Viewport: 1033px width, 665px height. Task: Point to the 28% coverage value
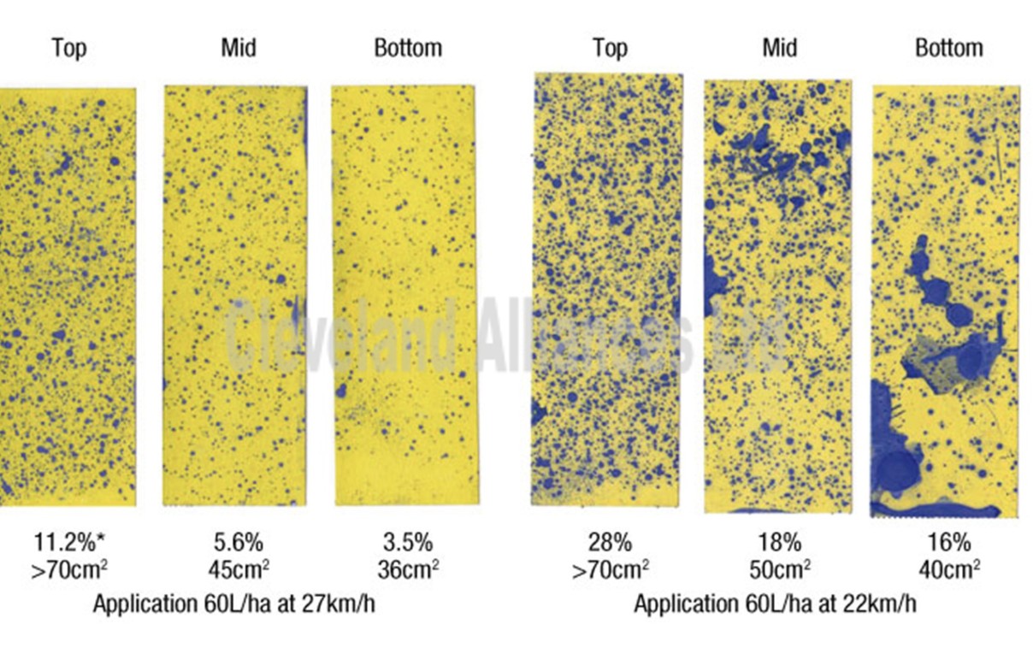[609, 542]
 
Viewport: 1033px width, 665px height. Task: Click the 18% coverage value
[778, 542]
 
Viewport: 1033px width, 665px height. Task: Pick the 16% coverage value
[948, 542]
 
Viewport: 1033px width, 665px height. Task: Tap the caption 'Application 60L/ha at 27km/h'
[234, 603]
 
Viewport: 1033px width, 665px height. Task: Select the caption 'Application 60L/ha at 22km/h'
[775, 603]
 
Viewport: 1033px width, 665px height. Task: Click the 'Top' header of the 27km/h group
[68, 48]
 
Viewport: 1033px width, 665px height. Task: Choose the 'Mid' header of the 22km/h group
[778, 48]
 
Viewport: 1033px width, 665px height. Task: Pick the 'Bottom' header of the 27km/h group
[408, 48]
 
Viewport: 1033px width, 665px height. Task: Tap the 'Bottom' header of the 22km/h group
[948, 48]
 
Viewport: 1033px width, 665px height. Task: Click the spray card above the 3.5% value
[404, 295]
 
